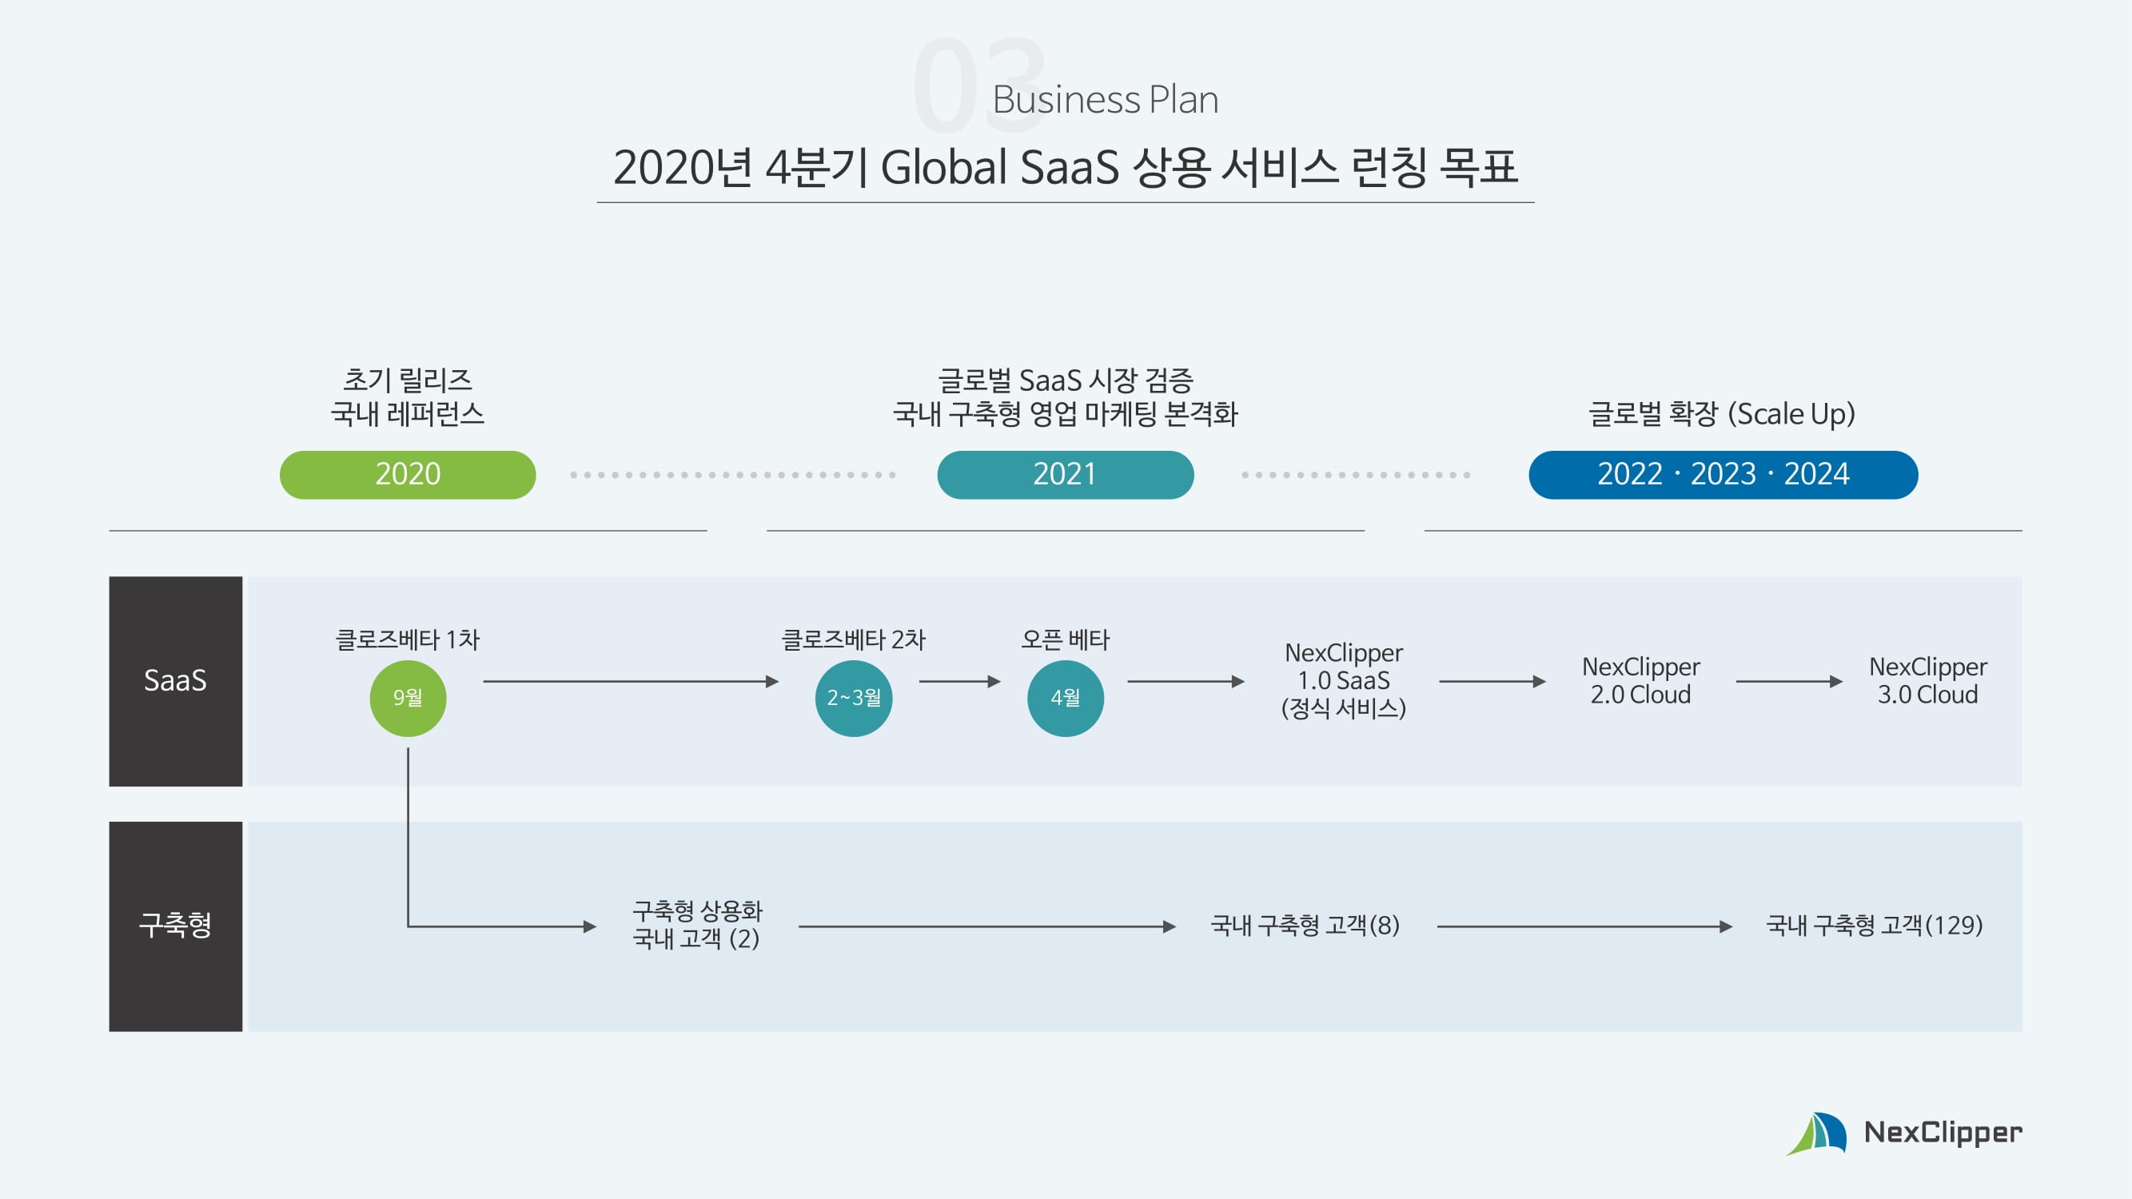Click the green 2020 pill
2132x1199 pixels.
click(x=407, y=474)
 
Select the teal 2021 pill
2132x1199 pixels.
click(x=1064, y=474)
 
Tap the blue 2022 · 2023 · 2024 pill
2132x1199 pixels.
click(x=1723, y=474)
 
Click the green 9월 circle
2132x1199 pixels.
click(x=407, y=698)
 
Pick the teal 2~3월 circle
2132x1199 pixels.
click(x=853, y=698)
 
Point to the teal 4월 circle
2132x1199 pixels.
click(x=1064, y=698)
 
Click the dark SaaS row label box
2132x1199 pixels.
click(x=175, y=680)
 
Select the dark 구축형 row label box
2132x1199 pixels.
click(x=175, y=925)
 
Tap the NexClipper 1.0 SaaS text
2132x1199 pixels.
click(x=1343, y=680)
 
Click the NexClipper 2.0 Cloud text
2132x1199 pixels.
click(x=1640, y=680)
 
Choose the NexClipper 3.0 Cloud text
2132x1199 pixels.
click(x=1927, y=680)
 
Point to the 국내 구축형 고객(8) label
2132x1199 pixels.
click(x=1305, y=925)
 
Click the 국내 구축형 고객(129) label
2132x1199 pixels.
click(x=1874, y=925)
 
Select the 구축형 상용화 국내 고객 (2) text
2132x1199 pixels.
click(x=697, y=925)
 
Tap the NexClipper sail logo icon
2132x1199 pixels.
click(x=1818, y=1133)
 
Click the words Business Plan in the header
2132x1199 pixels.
click(x=1105, y=100)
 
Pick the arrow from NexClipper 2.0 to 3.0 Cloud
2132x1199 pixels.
click(x=1788, y=681)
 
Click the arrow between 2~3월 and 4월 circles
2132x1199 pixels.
click(x=959, y=681)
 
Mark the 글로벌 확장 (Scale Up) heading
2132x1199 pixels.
click(x=1721, y=414)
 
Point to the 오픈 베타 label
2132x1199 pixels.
click(x=1064, y=639)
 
